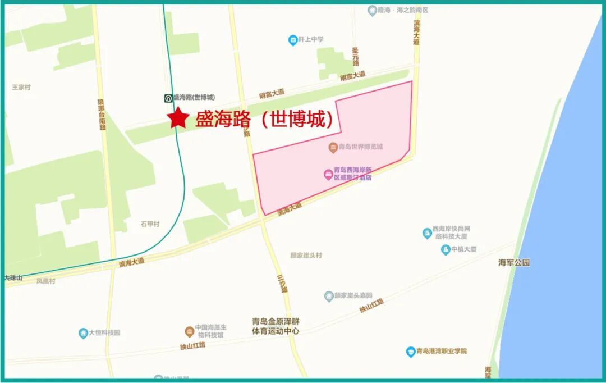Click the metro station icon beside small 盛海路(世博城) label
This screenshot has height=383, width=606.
168,98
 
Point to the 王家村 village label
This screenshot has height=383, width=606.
21,88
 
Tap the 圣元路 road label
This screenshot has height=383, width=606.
355,57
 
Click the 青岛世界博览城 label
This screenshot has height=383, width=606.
360,147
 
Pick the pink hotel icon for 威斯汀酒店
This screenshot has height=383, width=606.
328,174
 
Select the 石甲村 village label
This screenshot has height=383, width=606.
150,224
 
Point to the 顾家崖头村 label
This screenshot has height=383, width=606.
306,256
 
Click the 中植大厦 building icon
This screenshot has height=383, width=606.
445,249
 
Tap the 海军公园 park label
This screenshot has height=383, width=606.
514,262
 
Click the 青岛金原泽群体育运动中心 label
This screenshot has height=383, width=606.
276,326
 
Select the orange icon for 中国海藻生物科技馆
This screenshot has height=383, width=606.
190,331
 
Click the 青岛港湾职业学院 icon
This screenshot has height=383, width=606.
411,352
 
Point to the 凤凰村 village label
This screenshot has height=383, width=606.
46,281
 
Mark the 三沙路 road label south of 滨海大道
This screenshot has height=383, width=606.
282,284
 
